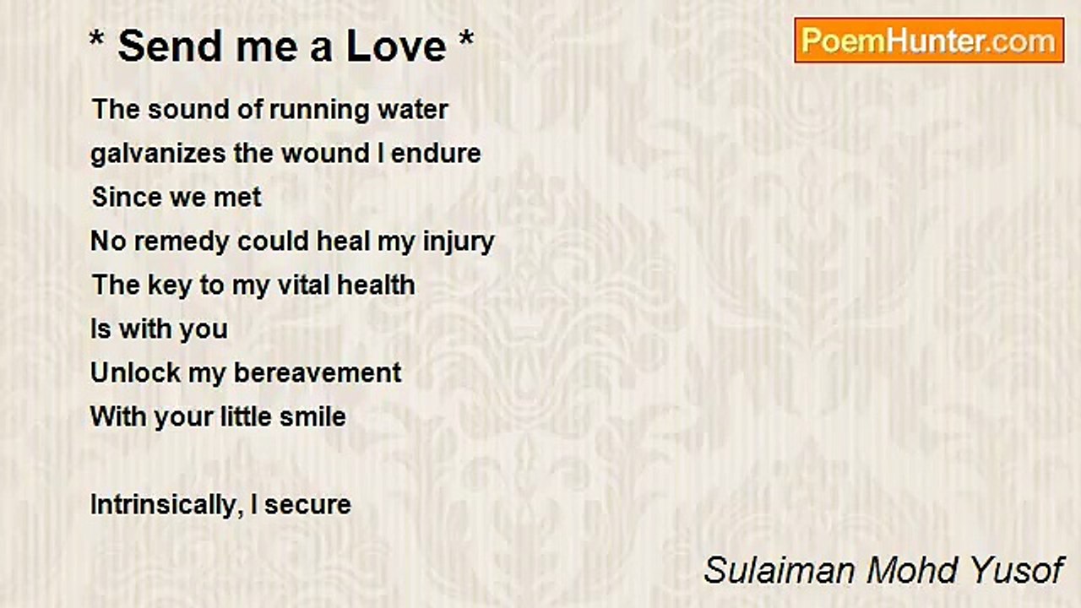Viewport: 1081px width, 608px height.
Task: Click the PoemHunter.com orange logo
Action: (x=929, y=41)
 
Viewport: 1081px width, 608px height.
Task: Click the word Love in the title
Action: (x=396, y=46)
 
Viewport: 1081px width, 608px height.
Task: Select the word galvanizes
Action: (x=158, y=155)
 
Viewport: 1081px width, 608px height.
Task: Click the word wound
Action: (x=326, y=154)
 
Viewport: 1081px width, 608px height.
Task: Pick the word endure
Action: (x=436, y=154)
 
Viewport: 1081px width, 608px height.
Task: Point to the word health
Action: (x=376, y=285)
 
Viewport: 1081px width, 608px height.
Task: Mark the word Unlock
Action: (x=135, y=373)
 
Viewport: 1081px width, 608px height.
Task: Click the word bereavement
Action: (x=317, y=373)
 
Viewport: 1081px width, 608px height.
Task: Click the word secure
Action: (x=307, y=506)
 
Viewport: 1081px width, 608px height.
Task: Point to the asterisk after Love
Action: (x=466, y=38)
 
